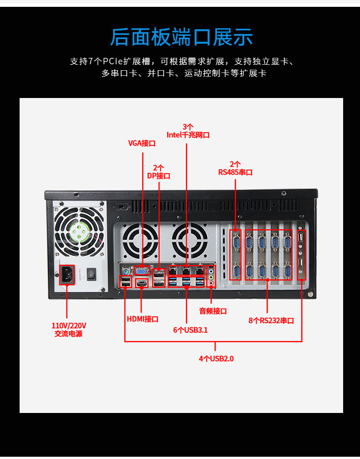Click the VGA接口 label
(142, 143)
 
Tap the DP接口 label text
(159, 175)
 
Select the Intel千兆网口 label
(188, 135)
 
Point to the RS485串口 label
(235, 172)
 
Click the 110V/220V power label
(69, 330)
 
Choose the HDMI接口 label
(142, 319)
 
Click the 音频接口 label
(213, 311)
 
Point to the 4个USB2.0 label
(216, 358)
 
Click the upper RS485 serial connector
(236, 241)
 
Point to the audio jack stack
(211, 277)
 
